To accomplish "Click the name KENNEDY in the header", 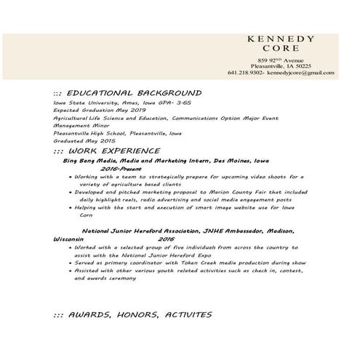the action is (x=280, y=39).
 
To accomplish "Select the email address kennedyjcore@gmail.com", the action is (x=300, y=73).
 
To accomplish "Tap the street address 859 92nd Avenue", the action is (x=280, y=58).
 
